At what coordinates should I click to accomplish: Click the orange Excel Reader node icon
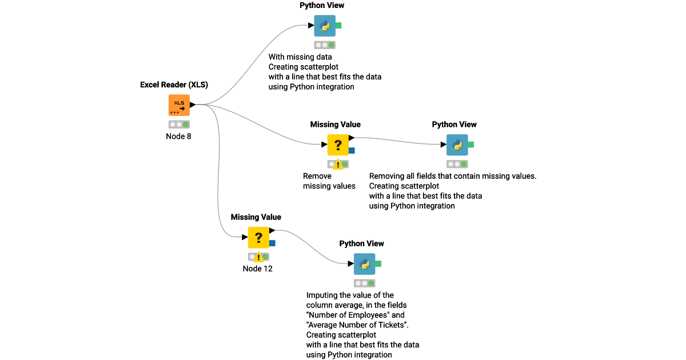coord(179,106)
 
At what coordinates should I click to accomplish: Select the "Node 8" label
coord(179,136)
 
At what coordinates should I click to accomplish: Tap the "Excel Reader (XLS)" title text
coord(174,85)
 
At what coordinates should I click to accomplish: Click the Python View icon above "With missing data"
coord(325,26)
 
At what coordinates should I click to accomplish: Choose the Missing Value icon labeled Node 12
coord(258,237)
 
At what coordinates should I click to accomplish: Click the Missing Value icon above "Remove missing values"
coord(338,145)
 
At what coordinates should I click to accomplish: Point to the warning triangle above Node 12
coord(258,257)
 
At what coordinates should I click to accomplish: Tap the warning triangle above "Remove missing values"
coord(338,165)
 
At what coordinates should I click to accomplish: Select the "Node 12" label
coord(258,269)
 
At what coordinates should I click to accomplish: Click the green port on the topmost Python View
coord(338,25)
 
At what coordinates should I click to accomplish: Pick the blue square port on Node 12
coord(272,243)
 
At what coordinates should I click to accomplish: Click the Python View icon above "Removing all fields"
coord(457,145)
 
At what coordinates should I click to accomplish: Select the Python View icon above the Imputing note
coord(365,264)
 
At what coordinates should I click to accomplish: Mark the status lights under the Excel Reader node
coord(179,124)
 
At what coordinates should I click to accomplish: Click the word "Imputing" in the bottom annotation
coord(324,295)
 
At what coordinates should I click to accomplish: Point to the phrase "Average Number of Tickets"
coord(357,325)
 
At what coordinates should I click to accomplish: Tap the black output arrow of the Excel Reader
coord(193,105)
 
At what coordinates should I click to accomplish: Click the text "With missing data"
coord(300,57)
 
